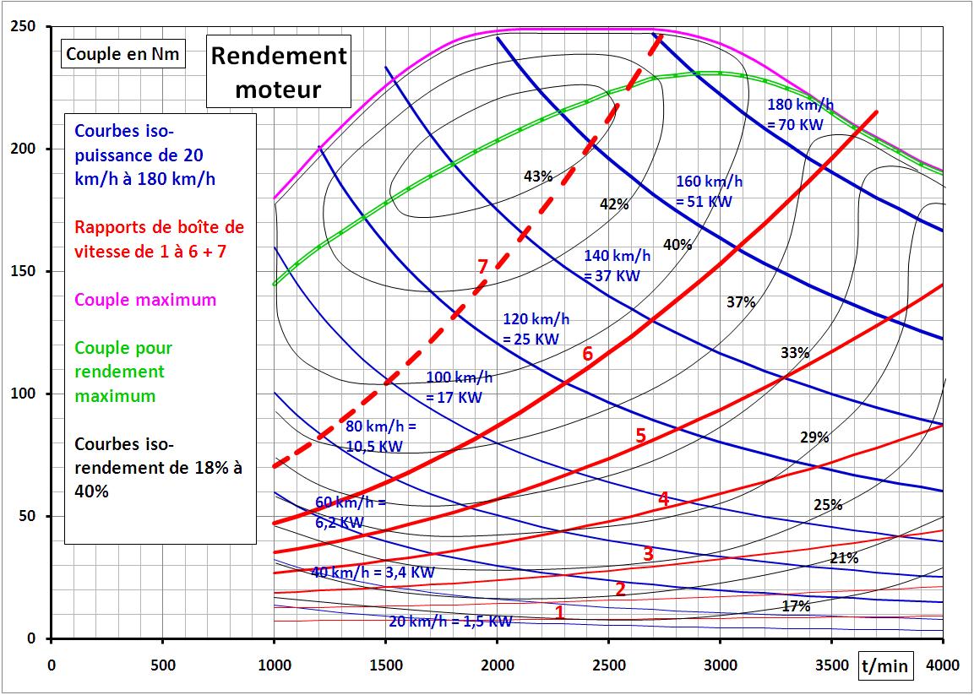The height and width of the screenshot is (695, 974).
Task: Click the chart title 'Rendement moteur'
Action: pyautogui.click(x=279, y=73)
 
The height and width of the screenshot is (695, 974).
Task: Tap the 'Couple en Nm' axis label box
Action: pyautogui.click(x=123, y=54)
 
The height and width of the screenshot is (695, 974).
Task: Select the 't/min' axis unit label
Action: pyautogui.click(x=888, y=666)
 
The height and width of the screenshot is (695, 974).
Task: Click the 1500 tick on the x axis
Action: pyautogui.click(x=385, y=663)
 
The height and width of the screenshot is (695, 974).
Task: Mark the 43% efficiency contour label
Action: pyautogui.click(x=538, y=176)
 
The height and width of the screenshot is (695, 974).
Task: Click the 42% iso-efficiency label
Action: pyautogui.click(x=614, y=204)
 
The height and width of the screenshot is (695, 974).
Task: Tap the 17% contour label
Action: pyautogui.click(x=795, y=606)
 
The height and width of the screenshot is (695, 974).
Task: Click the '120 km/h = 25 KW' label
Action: pyautogui.click(x=536, y=330)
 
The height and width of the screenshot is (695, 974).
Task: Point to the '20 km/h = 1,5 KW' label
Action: pyautogui.click(x=451, y=622)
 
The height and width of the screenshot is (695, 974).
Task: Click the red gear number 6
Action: pyautogui.click(x=588, y=354)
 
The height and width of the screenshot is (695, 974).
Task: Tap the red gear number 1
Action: pyautogui.click(x=559, y=613)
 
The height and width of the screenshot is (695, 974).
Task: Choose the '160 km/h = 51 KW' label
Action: pyautogui.click(x=709, y=192)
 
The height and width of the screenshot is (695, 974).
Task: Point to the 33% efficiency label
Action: pyautogui.click(x=795, y=353)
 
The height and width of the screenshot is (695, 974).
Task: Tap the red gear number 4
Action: pyautogui.click(x=663, y=499)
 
